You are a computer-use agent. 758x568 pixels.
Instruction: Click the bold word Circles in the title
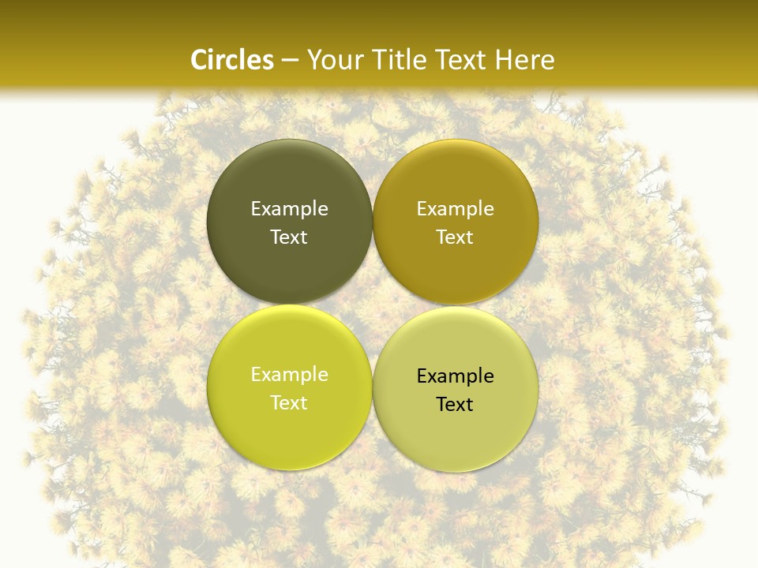tap(232, 60)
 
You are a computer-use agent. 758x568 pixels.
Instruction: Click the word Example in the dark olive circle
tap(289, 209)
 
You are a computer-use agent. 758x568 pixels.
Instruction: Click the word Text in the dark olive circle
tap(289, 237)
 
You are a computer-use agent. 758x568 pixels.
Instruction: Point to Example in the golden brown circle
tap(455, 209)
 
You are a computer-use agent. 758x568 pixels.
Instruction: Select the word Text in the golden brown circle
tap(455, 237)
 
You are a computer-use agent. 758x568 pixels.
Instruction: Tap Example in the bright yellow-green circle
tap(289, 375)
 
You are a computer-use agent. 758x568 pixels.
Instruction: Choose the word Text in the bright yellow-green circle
tap(289, 403)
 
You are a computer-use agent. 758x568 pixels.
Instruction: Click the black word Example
tap(455, 376)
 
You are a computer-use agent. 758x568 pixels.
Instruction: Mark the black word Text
tap(455, 405)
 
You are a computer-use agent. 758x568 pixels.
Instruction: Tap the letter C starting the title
tap(199, 60)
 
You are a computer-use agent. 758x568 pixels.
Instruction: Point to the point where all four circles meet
tap(373, 305)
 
